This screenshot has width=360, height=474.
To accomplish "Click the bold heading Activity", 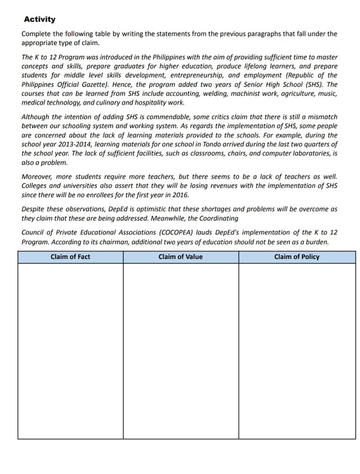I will pyautogui.click(x=39, y=19).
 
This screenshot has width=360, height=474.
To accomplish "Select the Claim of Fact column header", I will pyautogui.click(x=70, y=257).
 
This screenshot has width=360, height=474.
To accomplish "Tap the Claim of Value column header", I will pyautogui.click(x=180, y=257).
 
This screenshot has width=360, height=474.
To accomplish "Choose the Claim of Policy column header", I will pyautogui.click(x=297, y=257).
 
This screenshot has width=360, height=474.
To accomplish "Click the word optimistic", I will pyautogui.click(x=156, y=209).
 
